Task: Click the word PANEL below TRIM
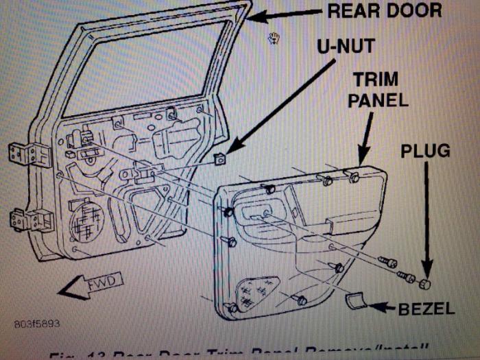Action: point(378,100)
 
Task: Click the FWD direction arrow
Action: point(90,283)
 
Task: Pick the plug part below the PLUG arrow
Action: point(425,283)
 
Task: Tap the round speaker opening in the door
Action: point(86,219)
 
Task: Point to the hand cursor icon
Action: point(274,37)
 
